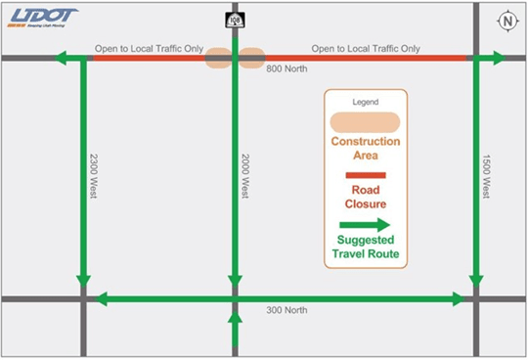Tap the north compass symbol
pyautogui.click(x=507, y=21)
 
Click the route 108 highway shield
pyautogui.click(x=236, y=20)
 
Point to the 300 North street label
pyautogui.click(x=286, y=310)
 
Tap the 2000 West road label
pyautogui.click(x=245, y=177)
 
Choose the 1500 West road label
pyautogui.click(x=485, y=177)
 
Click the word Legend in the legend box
pyautogui.click(x=365, y=103)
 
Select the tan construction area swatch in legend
pyautogui.click(x=365, y=122)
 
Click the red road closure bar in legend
pyautogui.click(x=365, y=175)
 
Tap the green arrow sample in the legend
pyautogui.click(x=365, y=223)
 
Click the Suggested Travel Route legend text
pyautogui.click(x=365, y=247)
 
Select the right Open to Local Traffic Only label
pyautogui.click(x=366, y=48)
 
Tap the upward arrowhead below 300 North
pyautogui.click(x=235, y=317)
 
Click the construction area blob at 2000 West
pyautogui.click(x=236, y=59)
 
